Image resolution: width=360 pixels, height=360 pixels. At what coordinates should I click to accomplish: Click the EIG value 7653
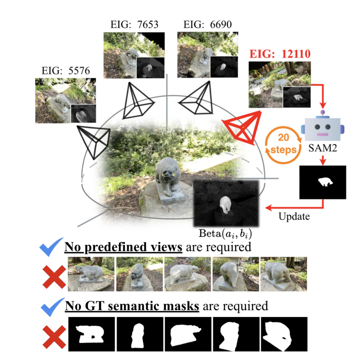148,24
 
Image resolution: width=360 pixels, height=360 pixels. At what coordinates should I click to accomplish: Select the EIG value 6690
221,24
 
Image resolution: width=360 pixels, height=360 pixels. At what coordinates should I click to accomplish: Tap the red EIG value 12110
296,54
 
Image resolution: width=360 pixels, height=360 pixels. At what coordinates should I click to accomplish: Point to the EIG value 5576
79,71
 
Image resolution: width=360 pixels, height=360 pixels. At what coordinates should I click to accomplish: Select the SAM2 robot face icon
322,126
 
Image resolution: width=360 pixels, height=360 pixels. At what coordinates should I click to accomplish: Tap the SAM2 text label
322,148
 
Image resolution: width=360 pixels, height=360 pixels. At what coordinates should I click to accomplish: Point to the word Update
294,216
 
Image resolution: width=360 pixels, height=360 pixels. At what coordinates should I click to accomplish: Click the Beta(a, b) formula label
225,234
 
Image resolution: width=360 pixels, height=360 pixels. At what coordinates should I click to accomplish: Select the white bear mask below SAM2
325,182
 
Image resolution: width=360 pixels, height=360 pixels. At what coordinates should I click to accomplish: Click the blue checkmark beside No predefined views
51,247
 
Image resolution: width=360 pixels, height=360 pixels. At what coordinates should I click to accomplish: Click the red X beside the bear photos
54,277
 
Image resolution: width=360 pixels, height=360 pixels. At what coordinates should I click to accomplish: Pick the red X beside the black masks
54,337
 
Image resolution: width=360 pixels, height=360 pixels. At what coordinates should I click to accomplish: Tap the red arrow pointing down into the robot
323,96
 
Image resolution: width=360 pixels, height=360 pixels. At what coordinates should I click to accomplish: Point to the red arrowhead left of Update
268,208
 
